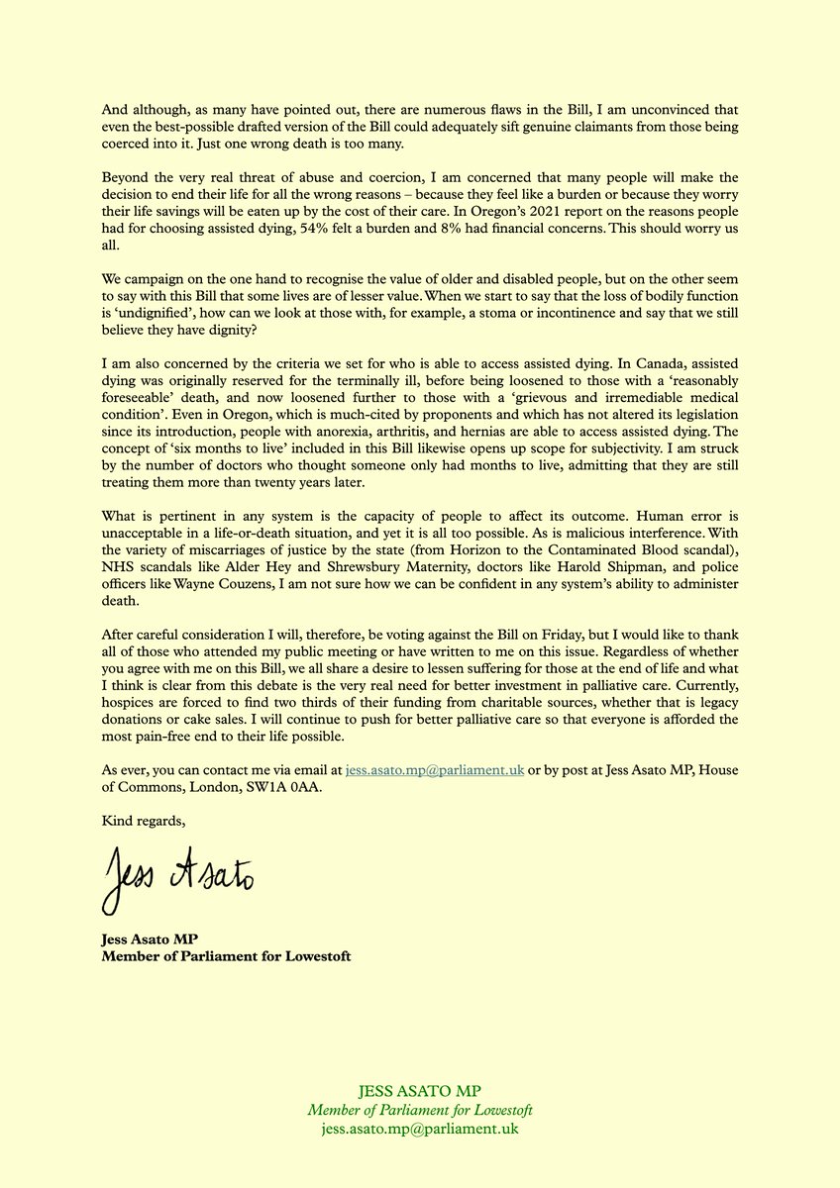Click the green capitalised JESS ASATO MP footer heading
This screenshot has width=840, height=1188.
click(x=420, y=1092)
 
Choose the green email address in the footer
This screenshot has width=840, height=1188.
click(x=420, y=1129)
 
